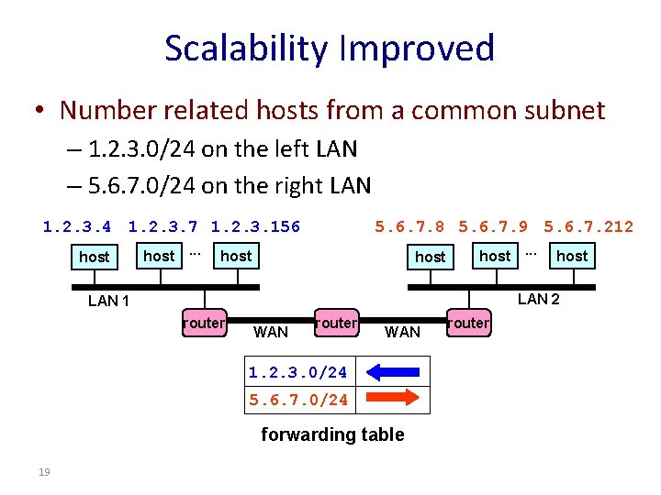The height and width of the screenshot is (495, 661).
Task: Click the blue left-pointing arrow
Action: pyautogui.click(x=392, y=372)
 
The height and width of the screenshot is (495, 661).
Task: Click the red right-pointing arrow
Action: pyautogui.click(x=392, y=399)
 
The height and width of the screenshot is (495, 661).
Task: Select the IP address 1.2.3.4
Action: pyautogui.click(x=77, y=226)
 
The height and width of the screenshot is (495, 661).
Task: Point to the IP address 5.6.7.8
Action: pyautogui.click(x=410, y=226)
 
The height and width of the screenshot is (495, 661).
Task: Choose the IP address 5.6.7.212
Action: pyautogui.click(x=588, y=226)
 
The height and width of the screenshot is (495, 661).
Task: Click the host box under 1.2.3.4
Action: pyautogui.click(x=94, y=257)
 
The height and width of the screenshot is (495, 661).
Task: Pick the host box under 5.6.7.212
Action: pyautogui.click(x=572, y=256)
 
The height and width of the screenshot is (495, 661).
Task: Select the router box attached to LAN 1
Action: pyautogui.click(x=204, y=323)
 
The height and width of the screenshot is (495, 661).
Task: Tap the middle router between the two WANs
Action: pyautogui.click(x=336, y=323)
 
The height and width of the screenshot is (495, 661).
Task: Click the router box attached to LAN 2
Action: pyautogui.click(x=469, y=323)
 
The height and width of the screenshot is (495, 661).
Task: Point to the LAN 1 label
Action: pyautogui.click(x=108, y=302)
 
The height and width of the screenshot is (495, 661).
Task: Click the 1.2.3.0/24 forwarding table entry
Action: pyautogui.click(x=297, y=372)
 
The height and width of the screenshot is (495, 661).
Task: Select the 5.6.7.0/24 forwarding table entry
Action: pyautogui.click(x=297, y=400)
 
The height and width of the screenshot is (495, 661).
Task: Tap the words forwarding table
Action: pyautogui.click(x=332, y=434)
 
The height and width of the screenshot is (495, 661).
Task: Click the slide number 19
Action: pyautogui.click(x=43, y=471)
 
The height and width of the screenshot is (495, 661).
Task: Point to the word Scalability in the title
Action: pyautogui.click(x=241, y=48)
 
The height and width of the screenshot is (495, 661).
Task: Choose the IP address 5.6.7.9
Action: pyautogui.click(x=493, y=226)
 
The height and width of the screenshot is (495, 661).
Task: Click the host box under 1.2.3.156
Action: pyautogui.click(x=236, y=256)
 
